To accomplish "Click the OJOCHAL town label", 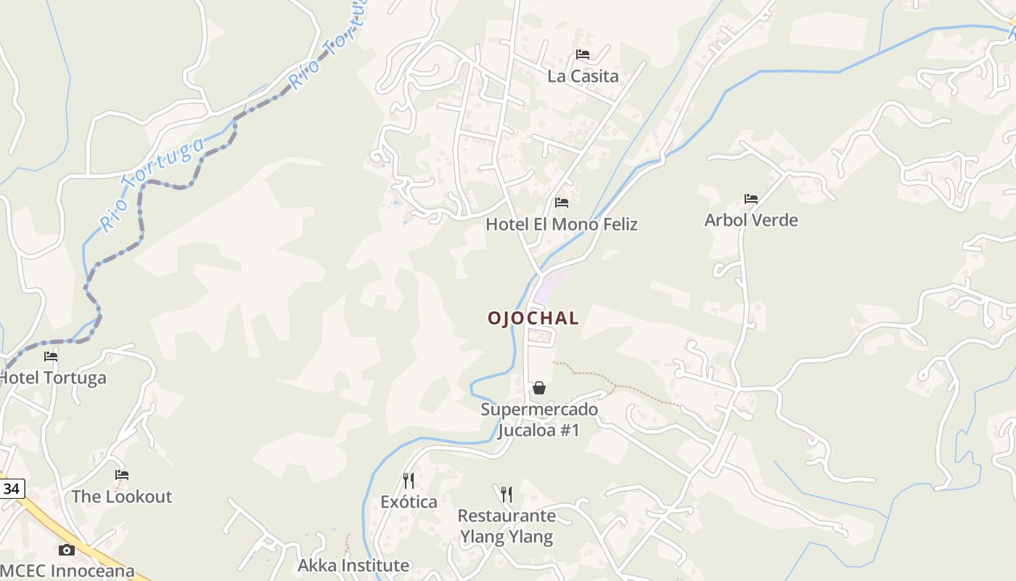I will (x=533, y=318).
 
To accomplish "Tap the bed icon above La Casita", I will (x=582, y=54).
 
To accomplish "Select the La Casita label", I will (x=583, y=76).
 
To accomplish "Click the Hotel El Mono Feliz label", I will (x=561, y=224).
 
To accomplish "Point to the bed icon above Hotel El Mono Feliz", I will (x=561, y=203).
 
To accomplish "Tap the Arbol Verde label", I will (x=751, y=220).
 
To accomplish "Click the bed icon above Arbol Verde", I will (x=751, y=198).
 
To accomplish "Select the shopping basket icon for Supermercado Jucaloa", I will (x=539, y=388).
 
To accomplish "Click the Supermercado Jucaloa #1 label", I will (x=539, y=420).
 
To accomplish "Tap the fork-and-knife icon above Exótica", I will (x=409, y=480).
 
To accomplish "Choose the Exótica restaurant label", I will (x=409, y=502).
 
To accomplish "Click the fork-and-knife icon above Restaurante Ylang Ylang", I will (x=507, y=495).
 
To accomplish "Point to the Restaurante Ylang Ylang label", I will (x=507, y=527).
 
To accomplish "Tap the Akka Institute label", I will (x=353, y=565).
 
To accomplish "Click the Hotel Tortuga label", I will (x=52, y=378).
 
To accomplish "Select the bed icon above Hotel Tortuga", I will (x=51, y=356).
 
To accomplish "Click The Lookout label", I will (x=122, y=497).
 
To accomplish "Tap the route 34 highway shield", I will (x=11, y=489).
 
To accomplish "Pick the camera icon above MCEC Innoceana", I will (x=67, y=550).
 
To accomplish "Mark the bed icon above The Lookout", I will (x=122, y=475).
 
